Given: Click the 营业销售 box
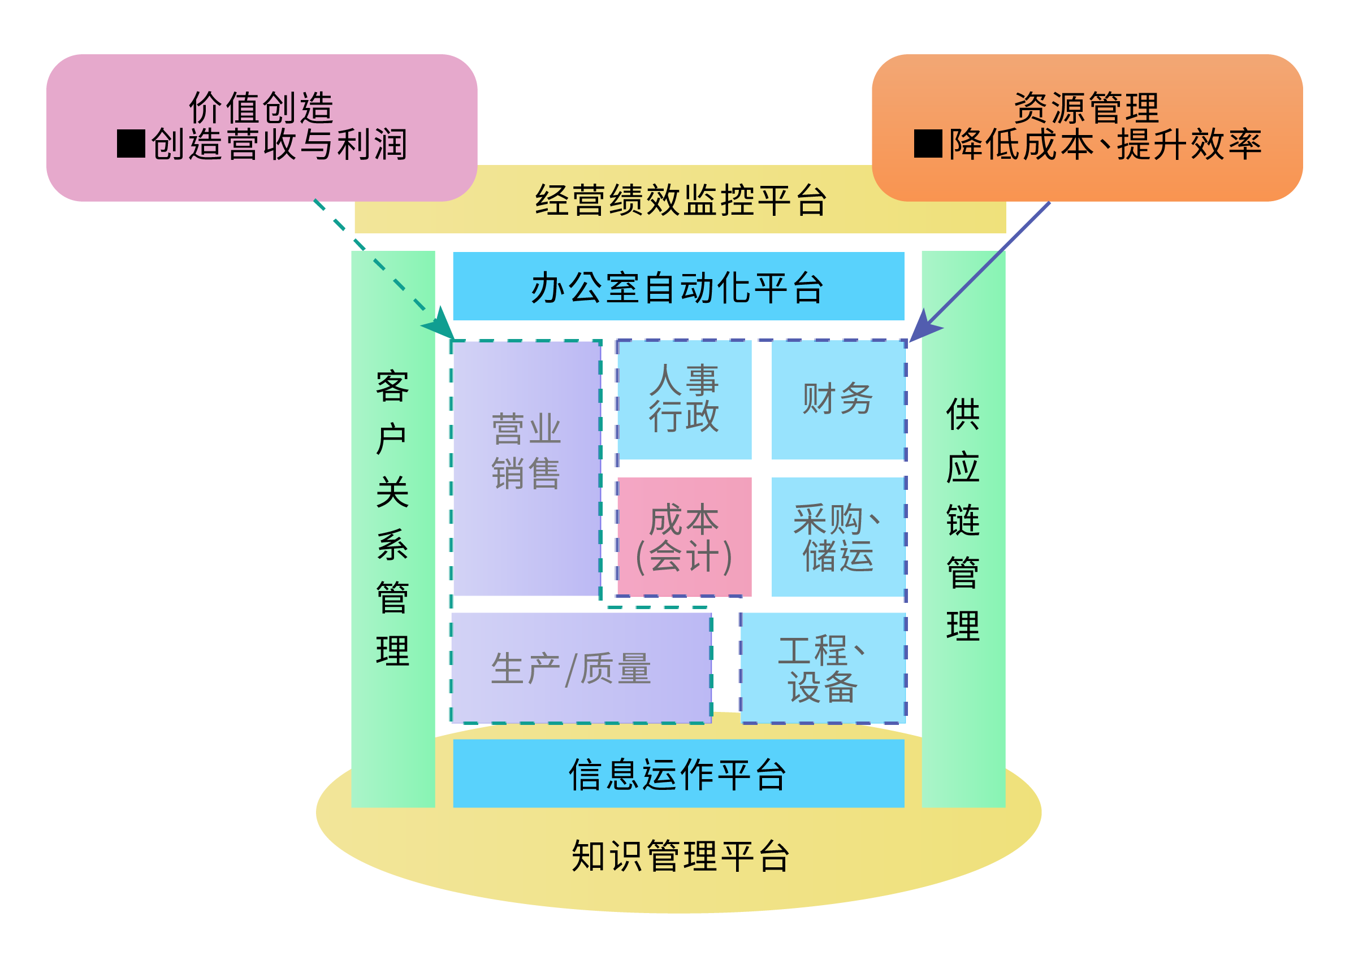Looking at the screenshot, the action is point(526,468).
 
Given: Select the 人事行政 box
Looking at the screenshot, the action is point(684,400).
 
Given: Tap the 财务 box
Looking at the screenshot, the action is point(838,400).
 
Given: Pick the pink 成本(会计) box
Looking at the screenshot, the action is point(684,536).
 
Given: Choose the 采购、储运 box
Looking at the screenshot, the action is point(838,536).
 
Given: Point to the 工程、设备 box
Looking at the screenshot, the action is point(823,668).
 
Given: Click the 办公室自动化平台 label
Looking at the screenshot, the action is point(678,288).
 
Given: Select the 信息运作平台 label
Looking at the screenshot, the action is point(678,775).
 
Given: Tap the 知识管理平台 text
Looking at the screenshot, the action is point(681,856).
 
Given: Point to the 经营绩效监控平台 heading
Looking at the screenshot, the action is point(681,200).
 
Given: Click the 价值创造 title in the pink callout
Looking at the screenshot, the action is point(261,108).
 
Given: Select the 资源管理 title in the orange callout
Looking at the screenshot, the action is point(1087,108).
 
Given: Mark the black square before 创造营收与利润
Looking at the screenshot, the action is point(131,144).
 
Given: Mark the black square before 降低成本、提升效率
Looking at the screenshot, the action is point(928,144).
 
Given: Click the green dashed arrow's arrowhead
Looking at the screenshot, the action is point(440,325).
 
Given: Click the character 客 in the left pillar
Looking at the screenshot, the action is point(393,386).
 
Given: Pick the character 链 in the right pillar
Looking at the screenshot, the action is point(963,520).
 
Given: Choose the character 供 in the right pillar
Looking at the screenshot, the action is point(963,414).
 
